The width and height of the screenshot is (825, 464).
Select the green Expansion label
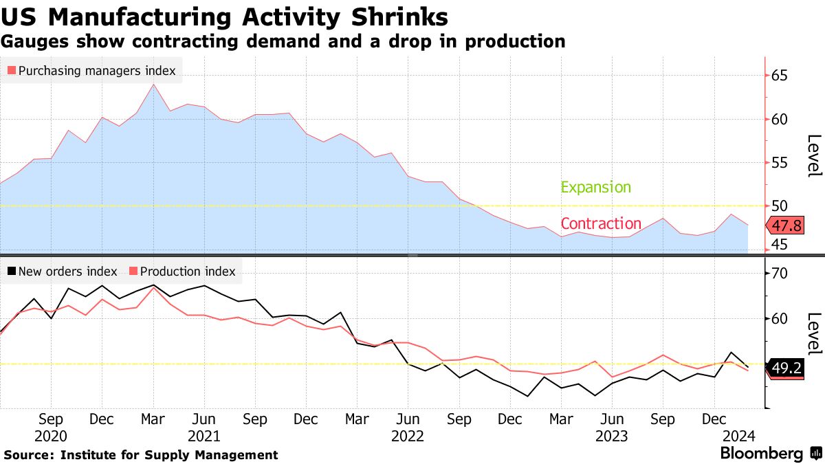595,187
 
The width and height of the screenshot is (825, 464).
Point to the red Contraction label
601,223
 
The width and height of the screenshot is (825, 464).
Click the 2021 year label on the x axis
203,436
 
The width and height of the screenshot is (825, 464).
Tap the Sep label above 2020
51,419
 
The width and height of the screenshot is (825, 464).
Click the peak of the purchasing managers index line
153,85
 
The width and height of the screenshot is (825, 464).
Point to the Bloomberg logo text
761,454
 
